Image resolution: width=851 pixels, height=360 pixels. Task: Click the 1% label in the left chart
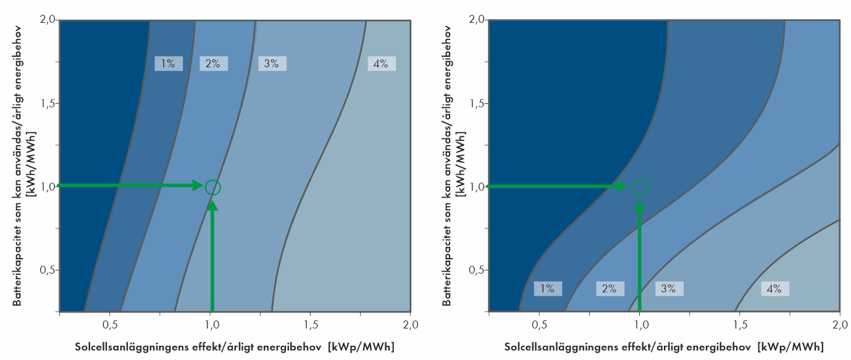[168, 63]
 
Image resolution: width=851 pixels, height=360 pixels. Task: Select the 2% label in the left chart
[213, 63]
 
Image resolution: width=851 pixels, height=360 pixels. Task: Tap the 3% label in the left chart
[272, 63]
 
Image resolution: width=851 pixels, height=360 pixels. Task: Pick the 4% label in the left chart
[380, 63]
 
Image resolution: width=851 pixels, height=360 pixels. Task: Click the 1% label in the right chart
[548, 288]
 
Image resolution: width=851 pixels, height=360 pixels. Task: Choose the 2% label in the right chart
[609, 288]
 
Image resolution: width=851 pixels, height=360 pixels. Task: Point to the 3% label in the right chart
[669, 288]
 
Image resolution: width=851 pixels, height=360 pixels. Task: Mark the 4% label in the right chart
[774, 288]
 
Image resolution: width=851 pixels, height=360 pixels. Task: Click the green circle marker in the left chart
[212, 186]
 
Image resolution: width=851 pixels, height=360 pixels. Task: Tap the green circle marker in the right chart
[640, 186]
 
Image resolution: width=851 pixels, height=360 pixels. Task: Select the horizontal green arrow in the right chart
[556, 186]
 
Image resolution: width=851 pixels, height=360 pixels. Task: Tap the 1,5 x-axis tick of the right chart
[739, 324]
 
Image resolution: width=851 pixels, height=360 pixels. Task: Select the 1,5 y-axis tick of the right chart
[476, 103]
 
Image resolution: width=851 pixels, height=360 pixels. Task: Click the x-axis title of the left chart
[235, 346]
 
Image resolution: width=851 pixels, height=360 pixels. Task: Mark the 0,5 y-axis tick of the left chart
[48, 270]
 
